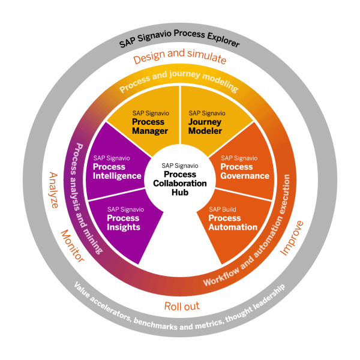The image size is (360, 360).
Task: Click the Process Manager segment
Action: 148,122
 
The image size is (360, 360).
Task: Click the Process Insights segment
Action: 124,219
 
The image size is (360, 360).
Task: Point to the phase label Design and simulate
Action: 180,59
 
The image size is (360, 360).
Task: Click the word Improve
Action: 293,238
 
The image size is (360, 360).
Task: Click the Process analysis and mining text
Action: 85,192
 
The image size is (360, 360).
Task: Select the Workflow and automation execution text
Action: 258,240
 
